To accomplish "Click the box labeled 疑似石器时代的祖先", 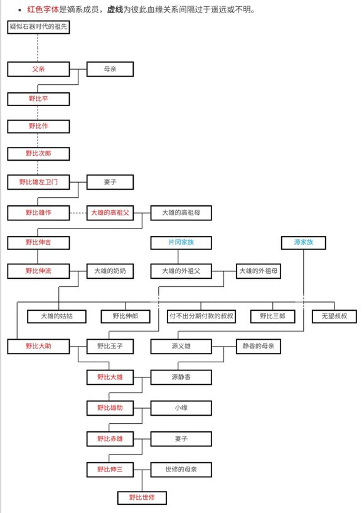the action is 38,27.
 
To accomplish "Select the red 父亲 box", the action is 38,69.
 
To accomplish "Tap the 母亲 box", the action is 110,69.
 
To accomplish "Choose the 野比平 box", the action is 38,99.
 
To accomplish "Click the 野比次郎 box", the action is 38,154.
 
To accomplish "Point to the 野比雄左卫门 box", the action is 38,182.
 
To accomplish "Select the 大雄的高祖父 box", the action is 110,213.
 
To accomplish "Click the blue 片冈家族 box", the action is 181,242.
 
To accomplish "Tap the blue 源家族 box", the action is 304,242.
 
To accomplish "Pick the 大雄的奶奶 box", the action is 110,271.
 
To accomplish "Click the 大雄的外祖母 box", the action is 259,271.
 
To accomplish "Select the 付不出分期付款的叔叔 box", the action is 201,316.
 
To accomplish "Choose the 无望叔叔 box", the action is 335,316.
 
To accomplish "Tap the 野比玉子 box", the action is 110,346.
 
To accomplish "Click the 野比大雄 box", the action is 110,377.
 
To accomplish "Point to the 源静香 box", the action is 181,377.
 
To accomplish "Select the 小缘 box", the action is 181,408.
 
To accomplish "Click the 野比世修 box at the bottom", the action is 142,498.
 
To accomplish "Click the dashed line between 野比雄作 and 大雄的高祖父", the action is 78,213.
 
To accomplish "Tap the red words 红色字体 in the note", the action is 43,9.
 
